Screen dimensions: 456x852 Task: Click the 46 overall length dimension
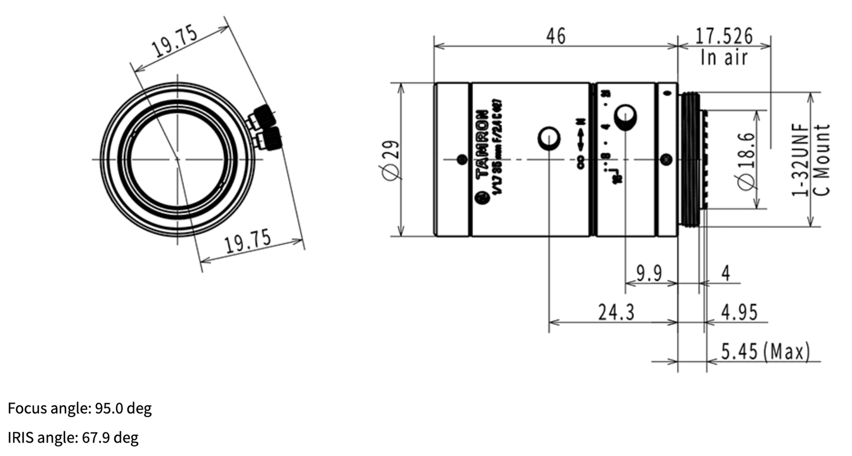click(x=555, y=36)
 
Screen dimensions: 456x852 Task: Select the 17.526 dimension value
click(x=723, y=36)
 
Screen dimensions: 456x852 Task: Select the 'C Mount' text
click(x=823, y=160)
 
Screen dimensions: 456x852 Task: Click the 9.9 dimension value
click(x=650, y=273)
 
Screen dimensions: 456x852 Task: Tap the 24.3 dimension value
click(x=616, y=312)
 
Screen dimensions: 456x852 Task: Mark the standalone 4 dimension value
click(x=726, y=273)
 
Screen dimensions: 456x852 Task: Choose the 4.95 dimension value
click(x=739, y=312)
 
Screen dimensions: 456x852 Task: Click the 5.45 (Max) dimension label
click(x=765, y=352)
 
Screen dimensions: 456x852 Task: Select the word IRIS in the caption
click(x=21, y=438)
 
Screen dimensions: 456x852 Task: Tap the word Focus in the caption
click(x=24, y=409)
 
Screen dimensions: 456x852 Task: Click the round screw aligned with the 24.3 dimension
click(x=549, y=139)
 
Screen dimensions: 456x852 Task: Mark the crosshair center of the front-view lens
click(x=177, y=159)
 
